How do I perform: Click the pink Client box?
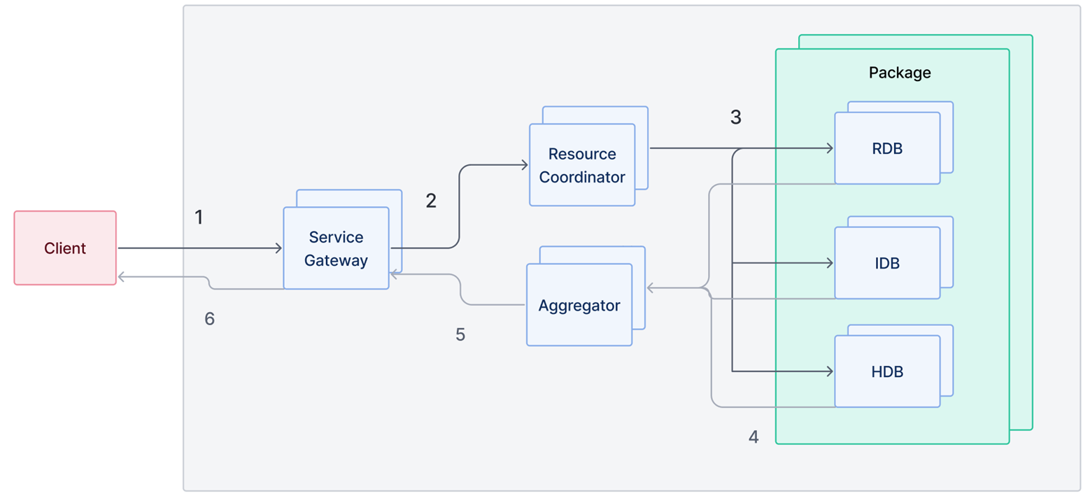(x=64, y=248)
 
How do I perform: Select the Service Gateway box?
(x=335, y=248)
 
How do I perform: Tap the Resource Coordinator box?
(x=581, y=164)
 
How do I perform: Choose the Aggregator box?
(x=579, y=304)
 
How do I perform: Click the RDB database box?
(x=886, y=148)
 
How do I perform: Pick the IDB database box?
(x=886, y=263)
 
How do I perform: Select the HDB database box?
(x=886, y=371)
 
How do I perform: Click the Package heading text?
(x=899, y=73)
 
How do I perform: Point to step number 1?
(x=199, y=217)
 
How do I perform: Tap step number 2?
(x=431, y=201)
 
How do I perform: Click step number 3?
(x=735, y=117)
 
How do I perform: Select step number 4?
(x=753, y=436)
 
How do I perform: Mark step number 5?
(x=460, y=334)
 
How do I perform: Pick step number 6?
(x=209, y=319)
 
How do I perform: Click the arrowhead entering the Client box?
(x=122, y=277)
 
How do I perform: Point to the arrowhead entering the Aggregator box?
(x=651, y=287)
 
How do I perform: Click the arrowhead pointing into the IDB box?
(x=829, y=263)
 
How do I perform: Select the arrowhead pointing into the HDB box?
(x=829, y=371)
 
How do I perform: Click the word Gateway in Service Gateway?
(x=336, y=261)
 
